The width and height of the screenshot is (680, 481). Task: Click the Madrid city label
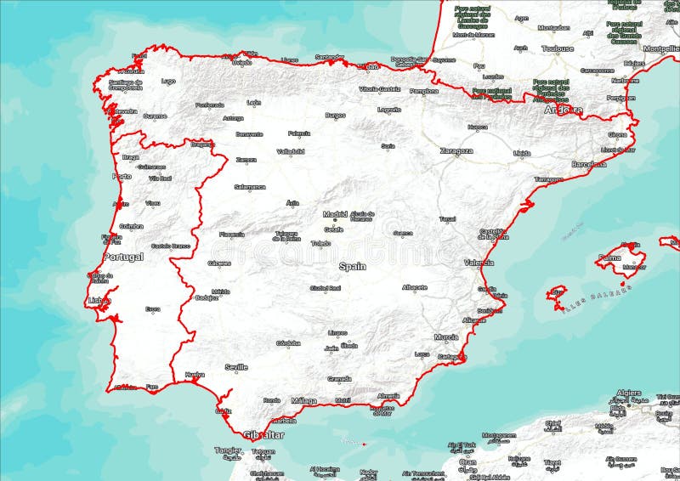pos(336,214)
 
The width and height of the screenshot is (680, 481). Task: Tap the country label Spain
pos(352,266)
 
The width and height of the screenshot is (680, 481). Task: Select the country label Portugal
pos(123,257)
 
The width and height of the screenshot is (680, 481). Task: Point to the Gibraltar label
pos(263,434)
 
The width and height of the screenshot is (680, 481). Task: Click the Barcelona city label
pos(589,163)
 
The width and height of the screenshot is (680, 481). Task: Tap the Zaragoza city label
pos(456,150)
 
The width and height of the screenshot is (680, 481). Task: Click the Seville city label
pos(235,367)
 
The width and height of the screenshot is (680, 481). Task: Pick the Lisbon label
pos(99,301)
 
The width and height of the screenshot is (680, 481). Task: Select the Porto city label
pos(122,177)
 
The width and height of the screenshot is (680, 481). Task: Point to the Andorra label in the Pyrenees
pos(563,110)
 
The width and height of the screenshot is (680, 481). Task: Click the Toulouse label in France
pos(557,49)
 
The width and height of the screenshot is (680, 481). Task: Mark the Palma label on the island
pos(609,257)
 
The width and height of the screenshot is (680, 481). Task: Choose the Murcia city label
pos(446,337)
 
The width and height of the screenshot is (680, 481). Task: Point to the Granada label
pos(339,379)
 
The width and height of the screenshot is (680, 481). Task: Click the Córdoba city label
pos(288,343)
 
